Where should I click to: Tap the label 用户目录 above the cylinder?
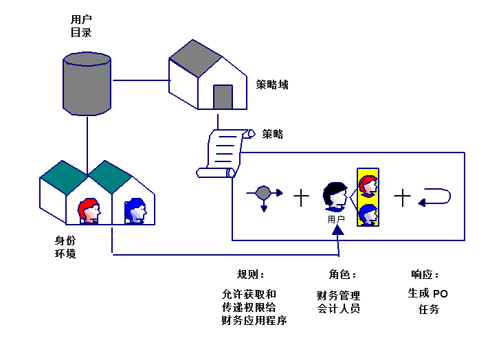click(x=81, y=26)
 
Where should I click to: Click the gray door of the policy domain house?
click(x=223, y=97)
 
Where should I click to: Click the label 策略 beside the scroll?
click(x=273, y=134)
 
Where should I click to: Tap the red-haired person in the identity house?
click(x=89, y=211)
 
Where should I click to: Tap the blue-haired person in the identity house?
click(x=135, y=211)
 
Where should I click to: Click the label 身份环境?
click(x=65, y=247)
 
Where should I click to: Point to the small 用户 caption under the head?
click(x=336, y=219)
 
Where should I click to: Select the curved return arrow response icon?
click(x=435, y=197)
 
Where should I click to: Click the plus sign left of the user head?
click(x=302, y=198)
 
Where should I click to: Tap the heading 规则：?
click(x=250, y=274)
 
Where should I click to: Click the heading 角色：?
click(x=343, y=274)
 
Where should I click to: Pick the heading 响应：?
click(x=425, y=274)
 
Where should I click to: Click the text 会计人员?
click(x=338, y=309)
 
